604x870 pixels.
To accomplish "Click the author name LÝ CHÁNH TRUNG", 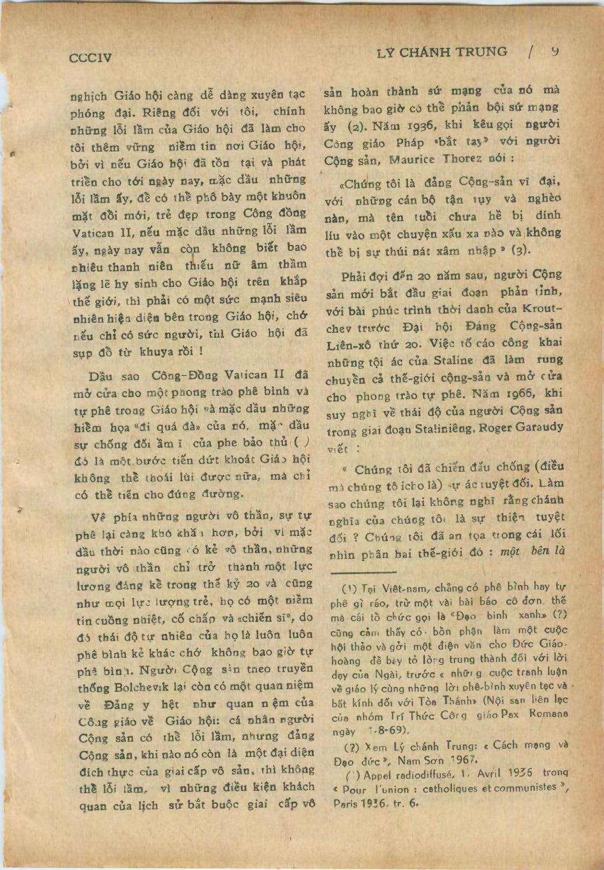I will (441, 53).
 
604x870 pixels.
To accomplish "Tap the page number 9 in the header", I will (554, 51).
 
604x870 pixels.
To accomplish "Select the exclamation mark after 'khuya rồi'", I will (200, 351).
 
